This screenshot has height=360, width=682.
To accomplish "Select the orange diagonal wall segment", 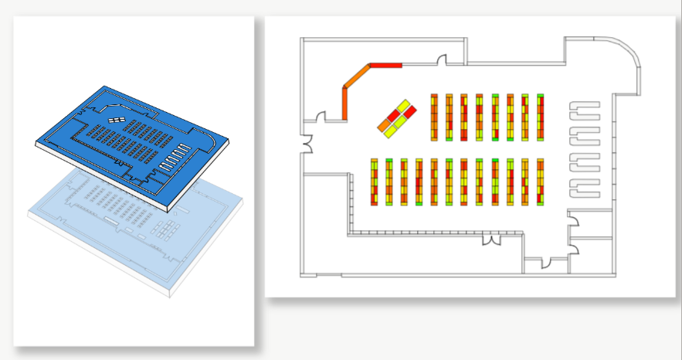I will (357, 77).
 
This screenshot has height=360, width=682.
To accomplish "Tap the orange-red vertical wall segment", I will (345, 104).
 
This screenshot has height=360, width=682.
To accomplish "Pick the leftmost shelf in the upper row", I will (434, 117).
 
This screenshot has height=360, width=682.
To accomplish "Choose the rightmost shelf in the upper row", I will (541, 117).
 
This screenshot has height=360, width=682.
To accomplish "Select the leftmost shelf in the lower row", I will (374, 182).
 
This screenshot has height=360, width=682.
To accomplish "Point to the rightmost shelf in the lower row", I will (541, 182).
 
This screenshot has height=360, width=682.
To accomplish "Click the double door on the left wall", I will (307, 144).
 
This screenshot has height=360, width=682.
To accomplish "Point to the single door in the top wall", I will (443, 59).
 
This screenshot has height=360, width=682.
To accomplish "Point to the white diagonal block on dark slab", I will (116, 120).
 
